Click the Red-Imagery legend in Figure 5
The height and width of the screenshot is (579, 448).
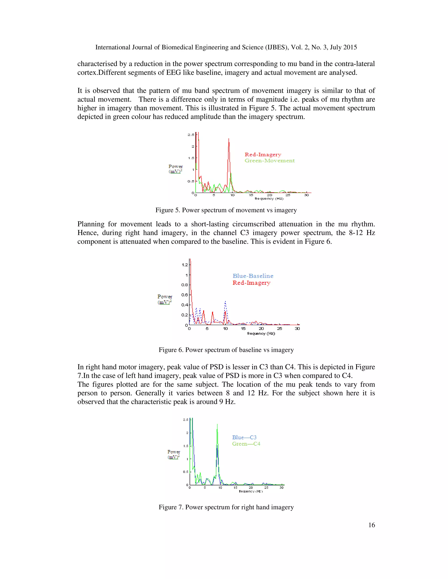click(x=263, y=154)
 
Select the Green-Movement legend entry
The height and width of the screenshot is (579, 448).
click(x=269, y=161)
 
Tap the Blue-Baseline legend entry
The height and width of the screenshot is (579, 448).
click(x=253, y=276)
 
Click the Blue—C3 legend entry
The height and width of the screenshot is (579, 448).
click(x=244, y=437)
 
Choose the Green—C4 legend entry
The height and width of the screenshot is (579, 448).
click(x=246, y=444)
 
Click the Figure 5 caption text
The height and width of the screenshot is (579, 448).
click(x=226, y=210)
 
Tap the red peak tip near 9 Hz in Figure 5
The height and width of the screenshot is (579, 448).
click(x=229, y=139)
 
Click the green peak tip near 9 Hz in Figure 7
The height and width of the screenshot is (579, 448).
click(x=217, y=424)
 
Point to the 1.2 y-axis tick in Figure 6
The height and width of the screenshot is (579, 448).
click(x=185, y=265)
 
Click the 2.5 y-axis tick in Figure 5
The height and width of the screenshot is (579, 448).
click(x=191, y=135)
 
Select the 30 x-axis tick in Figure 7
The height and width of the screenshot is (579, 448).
click(x=281, y=487)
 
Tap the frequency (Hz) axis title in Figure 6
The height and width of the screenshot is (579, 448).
click(x=261, y=333)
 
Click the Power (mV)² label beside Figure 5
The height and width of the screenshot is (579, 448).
click(x=175, y=169)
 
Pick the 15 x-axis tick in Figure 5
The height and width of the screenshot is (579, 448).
click(x=251, y=195)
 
